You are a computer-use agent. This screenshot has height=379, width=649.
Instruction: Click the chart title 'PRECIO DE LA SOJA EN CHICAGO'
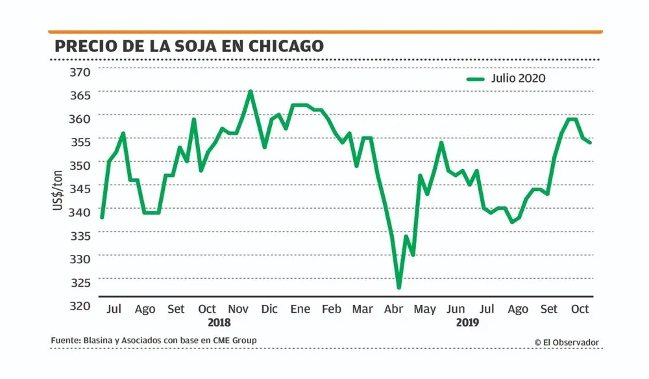coord(189,47)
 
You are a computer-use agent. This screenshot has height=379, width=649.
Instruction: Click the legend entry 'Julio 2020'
coord(506,79)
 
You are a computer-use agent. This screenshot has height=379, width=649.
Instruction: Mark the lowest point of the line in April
coord(398,287)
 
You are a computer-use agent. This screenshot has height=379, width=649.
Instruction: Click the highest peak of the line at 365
coord(251,92)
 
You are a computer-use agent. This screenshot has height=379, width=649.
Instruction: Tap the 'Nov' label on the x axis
coord(239,309)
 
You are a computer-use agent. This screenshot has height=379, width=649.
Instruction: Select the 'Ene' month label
coord(300,309)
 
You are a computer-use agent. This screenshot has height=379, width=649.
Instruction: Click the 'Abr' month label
coord(394,309)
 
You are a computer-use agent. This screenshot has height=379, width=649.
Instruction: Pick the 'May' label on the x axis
coord(425,309)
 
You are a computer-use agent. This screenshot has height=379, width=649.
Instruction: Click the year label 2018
coord(219,322)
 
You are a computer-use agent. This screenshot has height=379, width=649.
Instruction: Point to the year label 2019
coord(467,322)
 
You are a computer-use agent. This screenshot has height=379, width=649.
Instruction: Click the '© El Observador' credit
coord(567,342)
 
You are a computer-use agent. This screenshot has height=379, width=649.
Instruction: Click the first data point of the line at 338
coord(102,217)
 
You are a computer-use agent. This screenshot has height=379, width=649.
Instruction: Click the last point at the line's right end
coord(590,142)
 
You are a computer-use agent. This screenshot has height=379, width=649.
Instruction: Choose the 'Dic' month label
coord(269,309)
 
